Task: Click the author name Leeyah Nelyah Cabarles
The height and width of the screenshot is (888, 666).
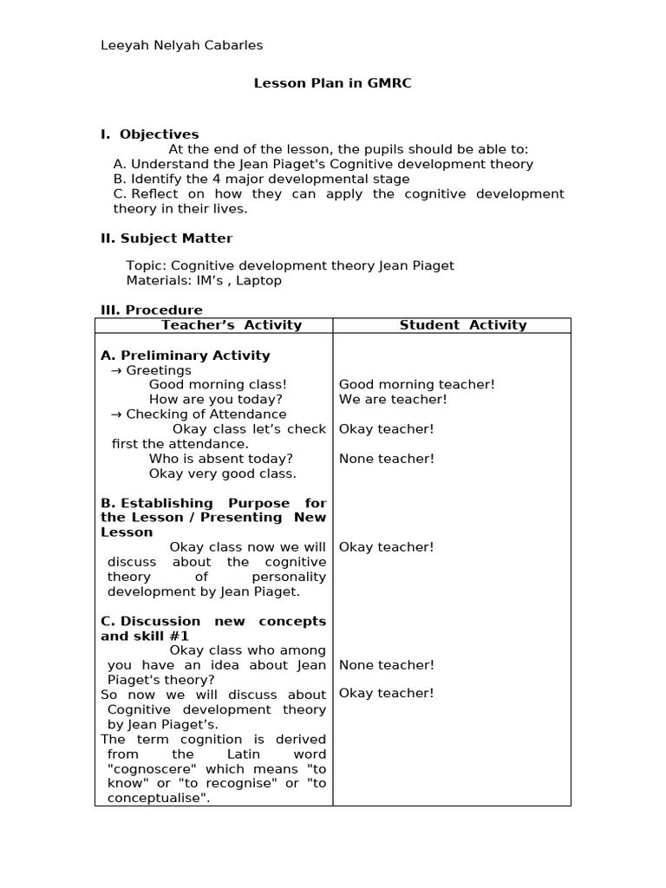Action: point(182,45)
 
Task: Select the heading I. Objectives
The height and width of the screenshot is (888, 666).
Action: point(150,134)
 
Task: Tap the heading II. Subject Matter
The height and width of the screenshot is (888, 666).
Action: point(166,238)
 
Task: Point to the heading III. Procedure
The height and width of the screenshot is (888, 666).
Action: point(152,310)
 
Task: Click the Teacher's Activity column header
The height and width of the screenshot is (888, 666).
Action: point(232,325)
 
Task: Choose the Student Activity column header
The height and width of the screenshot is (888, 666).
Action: point(462,325)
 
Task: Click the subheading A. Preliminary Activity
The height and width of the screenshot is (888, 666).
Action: point(186,356)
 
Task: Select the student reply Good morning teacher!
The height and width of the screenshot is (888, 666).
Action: point(416,385)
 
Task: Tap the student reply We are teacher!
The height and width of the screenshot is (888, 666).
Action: point(393,400)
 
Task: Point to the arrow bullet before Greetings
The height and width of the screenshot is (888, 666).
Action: point(117,370)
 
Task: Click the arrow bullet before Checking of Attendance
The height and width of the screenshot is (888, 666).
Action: point(117,415)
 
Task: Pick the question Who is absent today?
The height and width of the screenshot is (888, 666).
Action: point(220,459)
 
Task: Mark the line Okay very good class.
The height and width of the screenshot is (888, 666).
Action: point(222,473)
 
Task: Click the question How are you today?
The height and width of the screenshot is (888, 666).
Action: point(215,400)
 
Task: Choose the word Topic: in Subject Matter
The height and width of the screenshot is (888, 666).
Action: point(147,265)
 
